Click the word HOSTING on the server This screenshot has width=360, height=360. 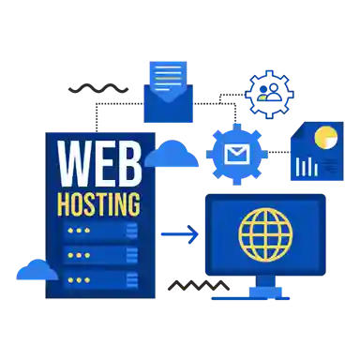tap(99, 203)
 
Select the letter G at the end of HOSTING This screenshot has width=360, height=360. tap(135, 203)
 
